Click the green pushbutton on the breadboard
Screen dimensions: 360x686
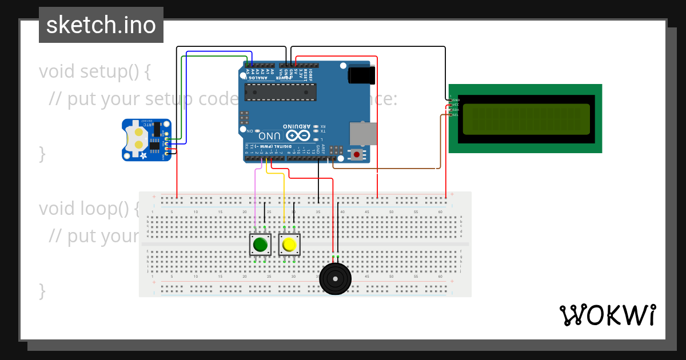(260, 245)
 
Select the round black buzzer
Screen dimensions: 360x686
(335, 278)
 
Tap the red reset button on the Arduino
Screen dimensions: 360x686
(357, 154)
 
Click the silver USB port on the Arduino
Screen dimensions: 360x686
(363, 133)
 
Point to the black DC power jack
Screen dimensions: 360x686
(361, 75)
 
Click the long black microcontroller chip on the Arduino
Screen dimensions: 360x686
(280, 92)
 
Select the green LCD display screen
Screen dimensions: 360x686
(526, 119)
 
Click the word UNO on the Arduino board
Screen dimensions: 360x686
(270, 136)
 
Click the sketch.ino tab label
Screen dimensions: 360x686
(101, 25)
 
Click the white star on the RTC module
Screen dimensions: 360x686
(143, 155)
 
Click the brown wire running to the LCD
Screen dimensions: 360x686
(389, 169)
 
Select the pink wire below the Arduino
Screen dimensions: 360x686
(255, 194)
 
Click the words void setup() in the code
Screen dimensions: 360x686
(94, 72)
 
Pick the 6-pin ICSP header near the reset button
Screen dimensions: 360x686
(337, 150)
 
